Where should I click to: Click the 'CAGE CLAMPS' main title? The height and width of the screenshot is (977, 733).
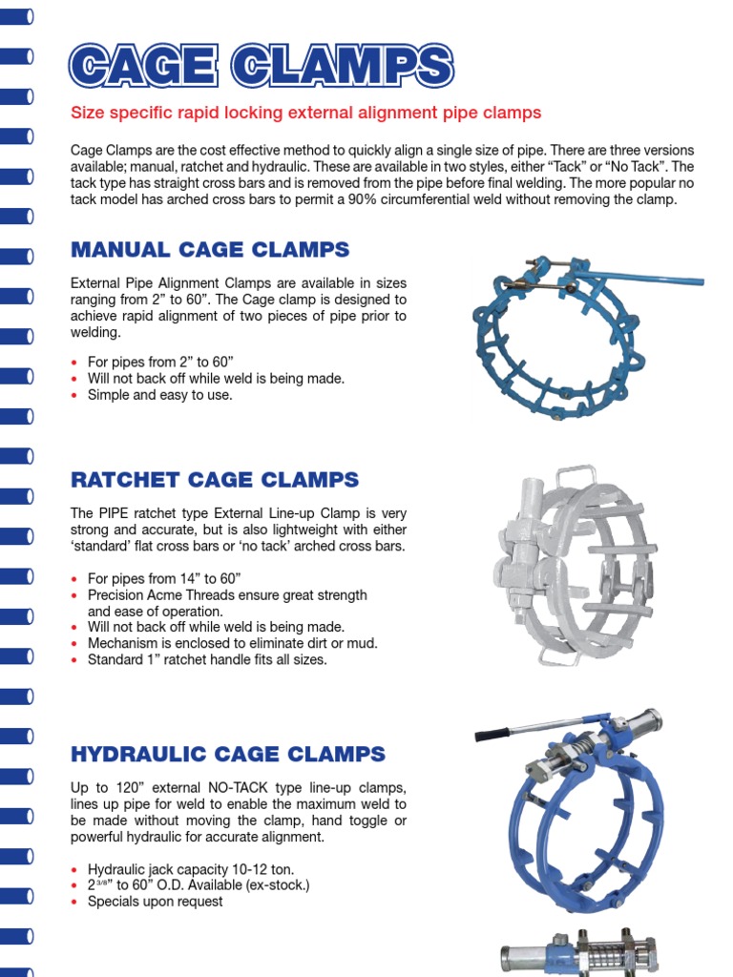[x=262, y=67]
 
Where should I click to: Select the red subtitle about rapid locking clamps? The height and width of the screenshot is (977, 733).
[x=306, y=113]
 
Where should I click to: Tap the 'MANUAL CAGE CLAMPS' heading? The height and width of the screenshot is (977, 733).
[x=210, y=250]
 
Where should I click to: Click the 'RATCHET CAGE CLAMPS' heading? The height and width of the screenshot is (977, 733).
[x=215, y=479]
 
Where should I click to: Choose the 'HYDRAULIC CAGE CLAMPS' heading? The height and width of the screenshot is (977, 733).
[x=228, y=755]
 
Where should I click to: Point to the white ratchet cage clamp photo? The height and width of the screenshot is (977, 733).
[x=573, y=567]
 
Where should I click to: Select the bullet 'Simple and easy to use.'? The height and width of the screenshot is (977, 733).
[x=159, y=395]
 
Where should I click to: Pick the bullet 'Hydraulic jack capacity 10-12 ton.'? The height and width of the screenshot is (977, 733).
[x=191, y=869]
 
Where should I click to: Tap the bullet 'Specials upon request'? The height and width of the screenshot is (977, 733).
[x=155, y=902]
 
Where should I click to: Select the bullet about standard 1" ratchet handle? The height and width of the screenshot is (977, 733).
[x=206, y=659]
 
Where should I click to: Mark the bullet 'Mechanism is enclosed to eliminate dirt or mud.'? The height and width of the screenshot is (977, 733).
[x=232, y=643]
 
